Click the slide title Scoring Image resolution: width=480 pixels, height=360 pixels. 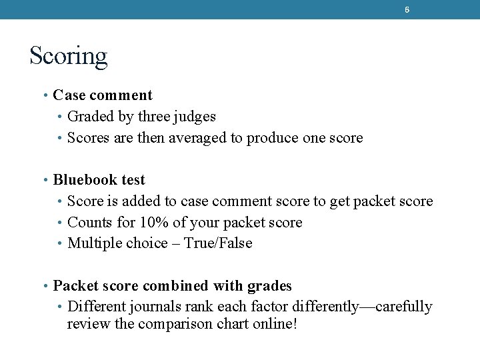coord(68,56)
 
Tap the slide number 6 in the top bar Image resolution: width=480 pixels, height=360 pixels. coord(407,10)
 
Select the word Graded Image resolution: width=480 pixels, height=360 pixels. coord(91,117)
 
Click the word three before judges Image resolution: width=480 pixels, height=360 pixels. coord(153,117)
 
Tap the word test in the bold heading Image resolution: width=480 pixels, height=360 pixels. coord(133,180)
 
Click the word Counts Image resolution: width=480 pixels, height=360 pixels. coord(89,222)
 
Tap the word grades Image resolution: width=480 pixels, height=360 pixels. coord(269,287)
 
